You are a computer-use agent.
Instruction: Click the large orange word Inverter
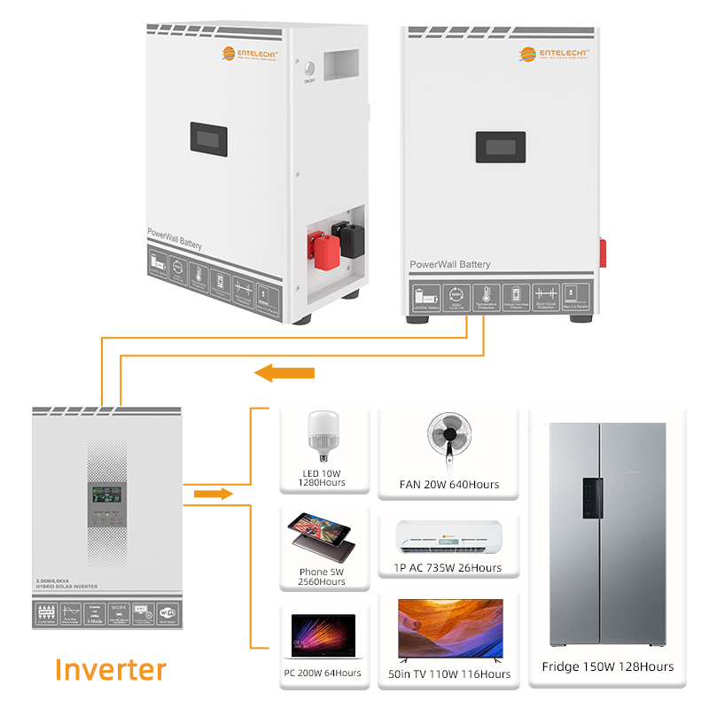tap(110, 669)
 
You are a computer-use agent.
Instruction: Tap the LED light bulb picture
tap(323, 433)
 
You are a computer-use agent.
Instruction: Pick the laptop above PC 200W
tap(323, 637)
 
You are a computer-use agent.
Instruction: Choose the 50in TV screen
tap(450, 631)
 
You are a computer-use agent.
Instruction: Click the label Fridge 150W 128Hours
tap(607, 666)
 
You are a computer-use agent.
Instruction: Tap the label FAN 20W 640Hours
tap(449, 485)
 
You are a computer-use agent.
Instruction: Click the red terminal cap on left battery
tap(319, 248)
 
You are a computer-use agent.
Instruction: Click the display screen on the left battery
tap(209, 139)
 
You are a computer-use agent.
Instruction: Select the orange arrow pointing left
tap(284, 373)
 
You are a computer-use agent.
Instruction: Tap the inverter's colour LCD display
tap(107, 497)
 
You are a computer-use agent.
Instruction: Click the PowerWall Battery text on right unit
tap(449, 264)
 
